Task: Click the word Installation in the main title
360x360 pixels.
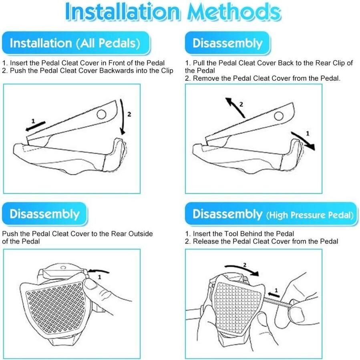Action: (x=122, y=12)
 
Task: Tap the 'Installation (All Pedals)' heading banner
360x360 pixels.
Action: (x=76, y=43)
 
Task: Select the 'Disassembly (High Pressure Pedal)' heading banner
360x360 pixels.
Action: (x=272, y=214)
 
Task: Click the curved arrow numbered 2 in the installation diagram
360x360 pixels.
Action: (x=123, y=117)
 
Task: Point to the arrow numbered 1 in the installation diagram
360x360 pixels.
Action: (x=35, y=126)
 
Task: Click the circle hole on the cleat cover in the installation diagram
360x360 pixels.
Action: (x=101, y=114)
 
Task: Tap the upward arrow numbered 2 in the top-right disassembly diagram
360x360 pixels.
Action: (x=235, y=108)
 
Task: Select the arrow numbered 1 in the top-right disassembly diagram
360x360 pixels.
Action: (x=303, y=141)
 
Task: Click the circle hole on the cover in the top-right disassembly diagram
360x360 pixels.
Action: (x=279, y=116)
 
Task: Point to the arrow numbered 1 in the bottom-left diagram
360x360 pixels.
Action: (x=99, y=271)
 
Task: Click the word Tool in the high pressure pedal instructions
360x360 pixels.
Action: (x=231, y=234)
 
